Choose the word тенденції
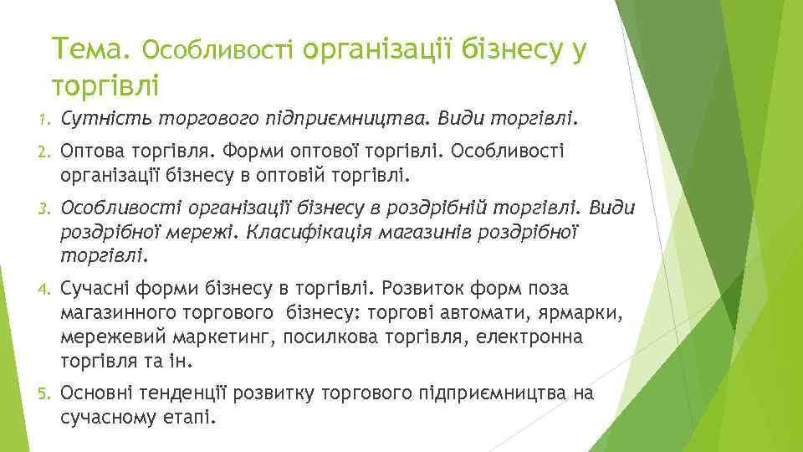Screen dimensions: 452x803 point(192,392)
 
